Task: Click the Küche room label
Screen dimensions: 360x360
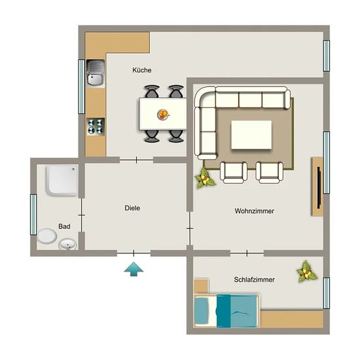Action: coord(142,70)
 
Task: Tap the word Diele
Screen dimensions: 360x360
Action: coord(132,208)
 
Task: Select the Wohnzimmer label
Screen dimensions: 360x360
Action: coord(255,211)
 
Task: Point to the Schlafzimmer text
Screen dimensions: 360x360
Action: coord(255,279)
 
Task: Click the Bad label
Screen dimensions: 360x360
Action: coord(64,226)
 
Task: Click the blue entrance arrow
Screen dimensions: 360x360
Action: coord(134,269)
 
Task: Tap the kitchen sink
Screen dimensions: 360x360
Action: coord(96,73)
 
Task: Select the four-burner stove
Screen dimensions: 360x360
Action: coord(96,127)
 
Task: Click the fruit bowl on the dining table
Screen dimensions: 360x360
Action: coord(163,114)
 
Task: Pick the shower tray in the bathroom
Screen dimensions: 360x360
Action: coord(62,181)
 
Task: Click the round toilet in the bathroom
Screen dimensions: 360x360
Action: coord(47,236)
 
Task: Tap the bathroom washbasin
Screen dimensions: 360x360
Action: coord(67,244)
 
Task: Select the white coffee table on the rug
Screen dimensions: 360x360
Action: coord(251,135)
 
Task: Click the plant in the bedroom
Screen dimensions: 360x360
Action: coord(306,272)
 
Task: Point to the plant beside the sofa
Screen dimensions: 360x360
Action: coord(204,178)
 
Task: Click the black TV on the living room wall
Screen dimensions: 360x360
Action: coord(319,188)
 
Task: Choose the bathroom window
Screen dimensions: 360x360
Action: coord(33,215)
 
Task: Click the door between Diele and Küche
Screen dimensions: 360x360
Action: coord(136,160)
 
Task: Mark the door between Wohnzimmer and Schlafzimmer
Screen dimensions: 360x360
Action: coord(247,253)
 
